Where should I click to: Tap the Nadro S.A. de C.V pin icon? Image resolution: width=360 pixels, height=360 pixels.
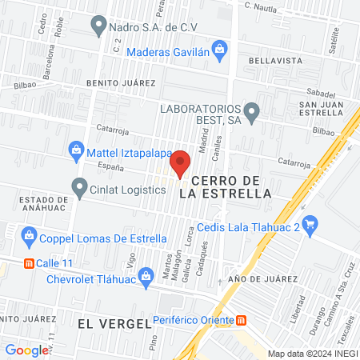(x=98, y=27)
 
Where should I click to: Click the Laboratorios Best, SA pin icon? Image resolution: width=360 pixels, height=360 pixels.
(x=253, y=113)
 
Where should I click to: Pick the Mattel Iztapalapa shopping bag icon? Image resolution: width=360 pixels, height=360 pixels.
(x=76, y=149)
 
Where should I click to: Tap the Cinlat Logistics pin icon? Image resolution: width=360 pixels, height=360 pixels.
(x=79, y=189)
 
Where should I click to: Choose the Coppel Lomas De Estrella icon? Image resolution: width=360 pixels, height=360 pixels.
(x=30, y=236)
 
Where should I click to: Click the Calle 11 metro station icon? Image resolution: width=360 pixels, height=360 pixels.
(x=29, y=262)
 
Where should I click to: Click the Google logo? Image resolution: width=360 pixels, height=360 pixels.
(x=26, y=350)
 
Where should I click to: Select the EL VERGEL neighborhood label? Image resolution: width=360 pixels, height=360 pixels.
(x=114, y=323)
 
